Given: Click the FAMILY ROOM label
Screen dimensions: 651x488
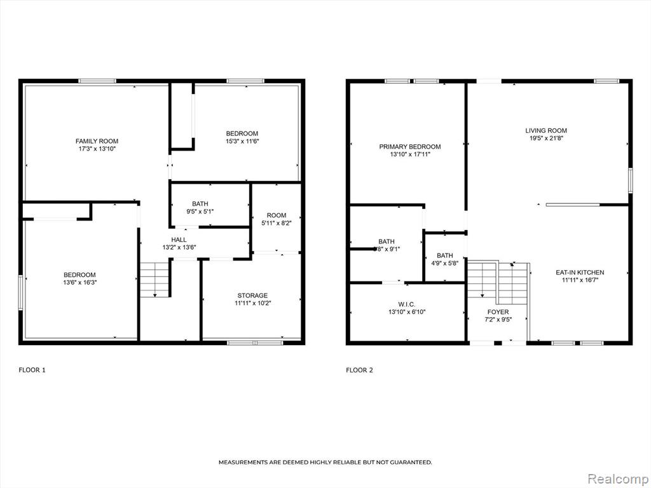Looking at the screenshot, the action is coord(97,141).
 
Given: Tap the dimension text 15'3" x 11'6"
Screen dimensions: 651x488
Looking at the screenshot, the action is coord(242,141).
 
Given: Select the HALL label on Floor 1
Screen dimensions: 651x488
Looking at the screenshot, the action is coord(179,240).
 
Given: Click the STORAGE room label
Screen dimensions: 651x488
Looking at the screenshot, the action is coord(252,295).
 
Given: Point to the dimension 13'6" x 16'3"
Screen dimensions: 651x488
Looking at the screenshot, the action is coord(79,282).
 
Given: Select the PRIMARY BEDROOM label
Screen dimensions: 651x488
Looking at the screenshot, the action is coord(410,147).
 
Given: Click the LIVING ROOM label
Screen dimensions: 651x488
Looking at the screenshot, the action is coord(546,130).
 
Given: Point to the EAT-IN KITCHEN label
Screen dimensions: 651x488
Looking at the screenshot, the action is coord(580,272).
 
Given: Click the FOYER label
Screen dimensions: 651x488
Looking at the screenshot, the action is coord(498,311).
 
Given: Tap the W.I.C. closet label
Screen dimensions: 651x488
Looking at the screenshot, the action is coord(406,304).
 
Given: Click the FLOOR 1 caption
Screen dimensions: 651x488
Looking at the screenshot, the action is coord(32,370).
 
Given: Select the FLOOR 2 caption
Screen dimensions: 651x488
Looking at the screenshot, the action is coord(360,370).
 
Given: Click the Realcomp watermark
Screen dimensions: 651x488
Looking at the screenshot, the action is coord(617,478).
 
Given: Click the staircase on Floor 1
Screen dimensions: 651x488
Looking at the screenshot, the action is coord(155,280).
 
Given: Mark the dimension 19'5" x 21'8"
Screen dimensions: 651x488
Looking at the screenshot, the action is coord(546,138).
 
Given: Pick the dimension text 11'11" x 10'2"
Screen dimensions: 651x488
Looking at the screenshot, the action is coord(252,303).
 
